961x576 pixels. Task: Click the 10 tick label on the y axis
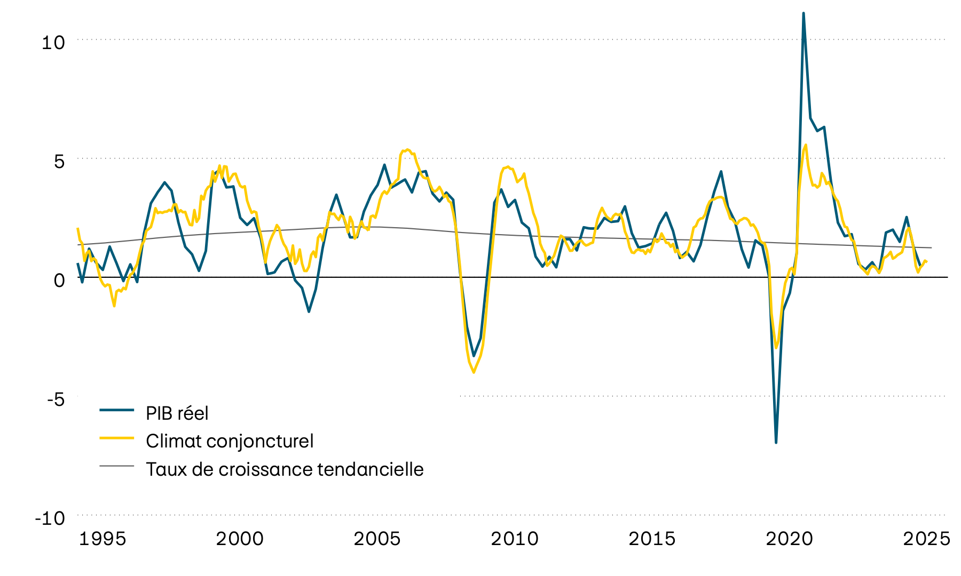click(x=53, y=43)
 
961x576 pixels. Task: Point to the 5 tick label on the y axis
click(x=59, y=162)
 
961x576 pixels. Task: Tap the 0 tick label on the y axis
click(x=59, y=280)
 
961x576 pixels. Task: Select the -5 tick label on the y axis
click(x=55, y=399)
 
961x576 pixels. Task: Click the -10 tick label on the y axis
click(x=50, y=518)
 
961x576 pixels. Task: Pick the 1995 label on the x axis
click(x=103, y=539)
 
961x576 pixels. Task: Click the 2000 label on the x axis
click(x=240, y=539)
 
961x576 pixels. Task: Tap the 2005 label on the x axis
click(x=377, y=539)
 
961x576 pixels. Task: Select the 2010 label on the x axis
click(x=515, y=539)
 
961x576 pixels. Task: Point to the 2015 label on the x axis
click(x=652, y=539)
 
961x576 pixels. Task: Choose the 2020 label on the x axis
click(x=789, y=539)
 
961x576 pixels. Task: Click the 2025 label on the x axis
click(x=926, y=539)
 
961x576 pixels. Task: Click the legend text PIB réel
click(x=177, y=413)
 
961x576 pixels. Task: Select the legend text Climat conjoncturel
click(x=230, y=441)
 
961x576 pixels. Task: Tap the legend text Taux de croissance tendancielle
click(x=285, y=469)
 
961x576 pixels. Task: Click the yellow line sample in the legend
click(x=116, y=438)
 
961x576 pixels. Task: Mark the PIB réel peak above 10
click(x=804, y=13)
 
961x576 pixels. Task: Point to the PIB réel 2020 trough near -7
click(x=776, y=442)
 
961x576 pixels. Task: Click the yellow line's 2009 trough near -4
click(x=474, y=372)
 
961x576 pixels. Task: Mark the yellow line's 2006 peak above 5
click(x=407, y=150)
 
